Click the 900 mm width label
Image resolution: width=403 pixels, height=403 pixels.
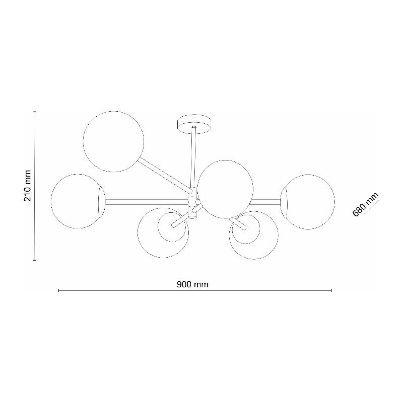click(192, 284)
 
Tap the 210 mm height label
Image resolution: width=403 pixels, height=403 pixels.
click(28, 186)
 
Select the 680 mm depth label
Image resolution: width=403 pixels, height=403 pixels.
click(365, 204)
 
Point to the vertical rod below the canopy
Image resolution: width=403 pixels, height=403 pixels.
click(193, 156)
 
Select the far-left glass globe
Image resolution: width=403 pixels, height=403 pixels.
click(76, 201)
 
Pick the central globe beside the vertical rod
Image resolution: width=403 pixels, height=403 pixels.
click(224, 189)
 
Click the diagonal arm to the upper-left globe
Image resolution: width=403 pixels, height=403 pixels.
click(166, 174)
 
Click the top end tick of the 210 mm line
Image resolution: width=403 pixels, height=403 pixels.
click(34, 112)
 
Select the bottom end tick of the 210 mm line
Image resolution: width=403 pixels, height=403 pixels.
click(34, 260)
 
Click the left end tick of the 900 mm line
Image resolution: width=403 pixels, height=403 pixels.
click(59, 290)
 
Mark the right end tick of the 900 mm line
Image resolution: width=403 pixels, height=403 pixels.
click(331, 290)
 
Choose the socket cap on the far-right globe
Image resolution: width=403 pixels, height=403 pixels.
click(284, 201)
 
